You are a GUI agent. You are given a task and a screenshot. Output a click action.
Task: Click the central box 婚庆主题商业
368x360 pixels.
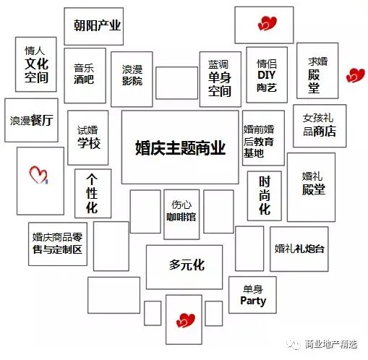(180, 147)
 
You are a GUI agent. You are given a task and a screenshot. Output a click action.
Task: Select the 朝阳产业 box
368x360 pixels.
(94, 26)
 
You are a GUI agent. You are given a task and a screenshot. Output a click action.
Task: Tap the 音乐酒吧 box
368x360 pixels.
(85, 76)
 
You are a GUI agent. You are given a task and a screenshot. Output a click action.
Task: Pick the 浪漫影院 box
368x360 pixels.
(132, 79)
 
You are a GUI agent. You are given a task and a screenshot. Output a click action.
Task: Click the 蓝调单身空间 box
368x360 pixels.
(221, 79)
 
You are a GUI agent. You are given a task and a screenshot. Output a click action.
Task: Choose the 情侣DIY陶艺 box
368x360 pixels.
(267, 75)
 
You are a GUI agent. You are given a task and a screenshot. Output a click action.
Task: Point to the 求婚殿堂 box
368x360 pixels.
(317, 71)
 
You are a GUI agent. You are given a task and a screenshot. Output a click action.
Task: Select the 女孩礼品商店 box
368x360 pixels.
(320, 126)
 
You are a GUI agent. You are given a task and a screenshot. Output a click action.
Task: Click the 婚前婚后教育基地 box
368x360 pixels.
(263, 138)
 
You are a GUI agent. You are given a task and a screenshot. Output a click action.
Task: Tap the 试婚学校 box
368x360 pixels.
(88, 138)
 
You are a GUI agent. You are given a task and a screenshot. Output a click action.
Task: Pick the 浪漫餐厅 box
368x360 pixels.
(31, 120)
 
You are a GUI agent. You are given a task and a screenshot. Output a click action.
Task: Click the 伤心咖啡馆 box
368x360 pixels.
(181, 215)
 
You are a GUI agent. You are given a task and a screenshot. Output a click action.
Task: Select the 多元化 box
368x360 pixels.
(184, 267)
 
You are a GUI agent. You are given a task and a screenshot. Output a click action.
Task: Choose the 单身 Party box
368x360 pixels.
(252, 295)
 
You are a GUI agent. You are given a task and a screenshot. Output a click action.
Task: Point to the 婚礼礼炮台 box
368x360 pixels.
(299, 249)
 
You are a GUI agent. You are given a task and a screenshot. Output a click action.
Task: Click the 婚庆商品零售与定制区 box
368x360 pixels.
(58, 244)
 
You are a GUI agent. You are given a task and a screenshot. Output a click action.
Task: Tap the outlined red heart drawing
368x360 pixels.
(38, 175)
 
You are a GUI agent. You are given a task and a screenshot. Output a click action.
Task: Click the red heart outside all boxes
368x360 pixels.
(355, 75)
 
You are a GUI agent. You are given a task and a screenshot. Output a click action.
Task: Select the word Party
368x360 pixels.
(253, 301)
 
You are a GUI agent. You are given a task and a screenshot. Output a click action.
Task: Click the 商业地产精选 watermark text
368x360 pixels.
(331, 344)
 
